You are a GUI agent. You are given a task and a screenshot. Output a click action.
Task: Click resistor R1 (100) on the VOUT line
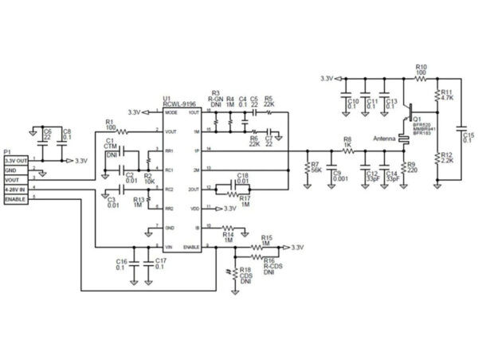(119, 131)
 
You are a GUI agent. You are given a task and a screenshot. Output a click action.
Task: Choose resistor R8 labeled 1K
(347, 150)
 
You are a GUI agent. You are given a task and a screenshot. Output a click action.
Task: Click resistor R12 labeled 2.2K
(437, 159)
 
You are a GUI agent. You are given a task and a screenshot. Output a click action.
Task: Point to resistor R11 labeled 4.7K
(437, 96)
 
